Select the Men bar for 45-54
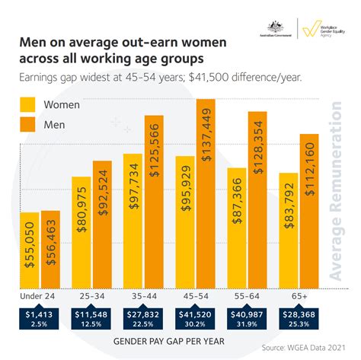[x=206, y=193]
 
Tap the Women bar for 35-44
[x=133, y=221]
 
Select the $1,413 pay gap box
[x=40, y=318]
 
